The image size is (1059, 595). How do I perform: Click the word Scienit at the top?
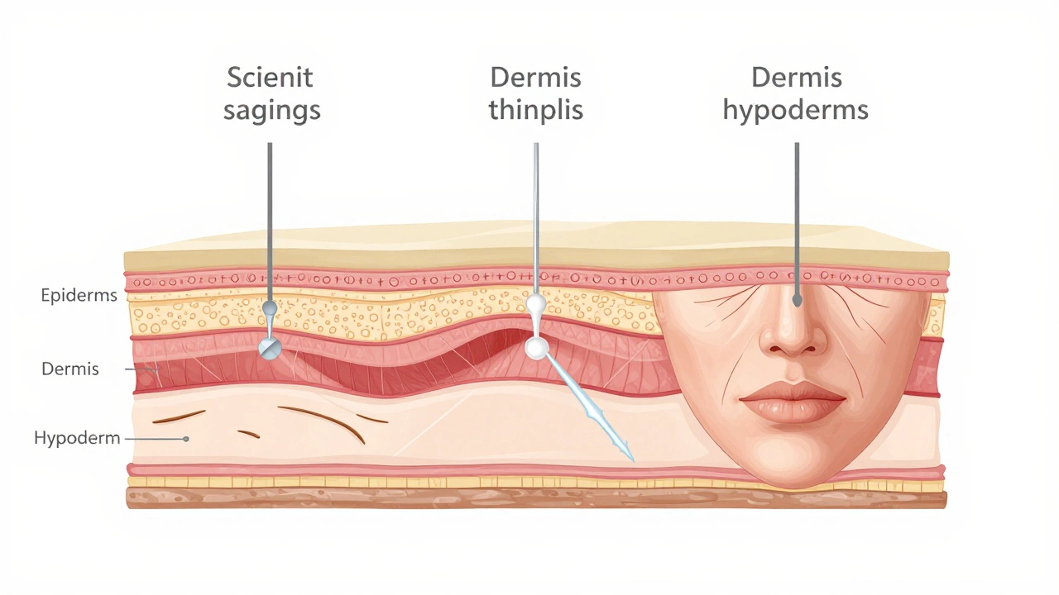point(270,78)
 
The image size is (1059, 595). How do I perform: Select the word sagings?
point(272,112)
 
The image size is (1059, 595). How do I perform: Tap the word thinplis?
point(535,110)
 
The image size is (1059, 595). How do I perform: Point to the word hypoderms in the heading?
point(796,112)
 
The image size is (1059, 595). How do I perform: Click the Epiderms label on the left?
point(79,296)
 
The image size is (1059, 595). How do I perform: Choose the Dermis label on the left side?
point(70,369)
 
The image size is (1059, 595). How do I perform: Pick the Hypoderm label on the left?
point(77,438)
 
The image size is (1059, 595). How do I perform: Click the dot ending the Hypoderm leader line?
point(186,439)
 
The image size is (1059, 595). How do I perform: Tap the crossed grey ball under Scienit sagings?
point(270,349)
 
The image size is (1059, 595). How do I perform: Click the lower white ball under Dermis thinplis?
point(537,349)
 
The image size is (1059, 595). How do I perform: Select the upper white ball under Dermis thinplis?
point(537,303)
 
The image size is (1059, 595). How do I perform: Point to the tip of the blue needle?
point(633,460)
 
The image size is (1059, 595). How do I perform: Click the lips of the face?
point(793,402)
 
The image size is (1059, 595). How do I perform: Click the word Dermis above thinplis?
point(535,78)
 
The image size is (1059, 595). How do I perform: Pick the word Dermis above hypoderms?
point(797,78)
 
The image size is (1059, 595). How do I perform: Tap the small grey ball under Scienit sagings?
point(270,308)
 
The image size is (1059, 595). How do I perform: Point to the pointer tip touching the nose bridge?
point(797,301)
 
